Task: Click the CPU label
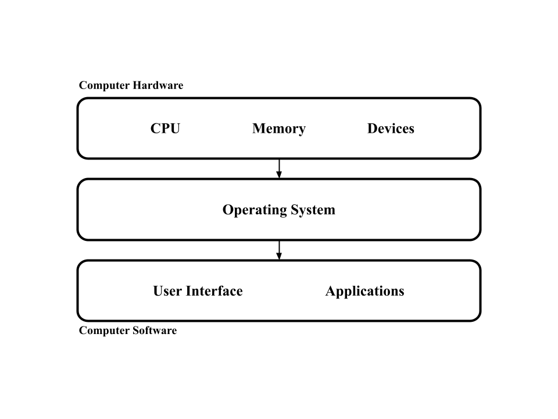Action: (x=165, y=128)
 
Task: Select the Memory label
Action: (x=279, y=129)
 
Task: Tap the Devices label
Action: (x=391, y=128)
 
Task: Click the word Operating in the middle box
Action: (x=255, y=210)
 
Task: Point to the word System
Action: (x=313, y=210)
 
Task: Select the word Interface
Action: (x=214, y=291)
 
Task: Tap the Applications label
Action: (x=365, y=291)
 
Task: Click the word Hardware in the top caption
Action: (x=158, y=85)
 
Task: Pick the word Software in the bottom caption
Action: (x=155, y=331)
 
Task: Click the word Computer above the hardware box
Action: (x=104, y=86)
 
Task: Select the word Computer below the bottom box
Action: (x=104, y=331)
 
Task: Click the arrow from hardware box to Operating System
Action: (x=279, y=168)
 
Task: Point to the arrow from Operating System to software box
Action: (x=279, y=250)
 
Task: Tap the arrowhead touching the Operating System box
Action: (x=279, y=174)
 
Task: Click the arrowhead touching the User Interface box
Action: (x=279, y=256)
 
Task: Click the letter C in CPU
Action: (x=156, y=128)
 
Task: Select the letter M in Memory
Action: (x=259, y=128)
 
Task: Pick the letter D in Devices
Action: (x=373, y=128)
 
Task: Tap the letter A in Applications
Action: (x=331, y=291)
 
